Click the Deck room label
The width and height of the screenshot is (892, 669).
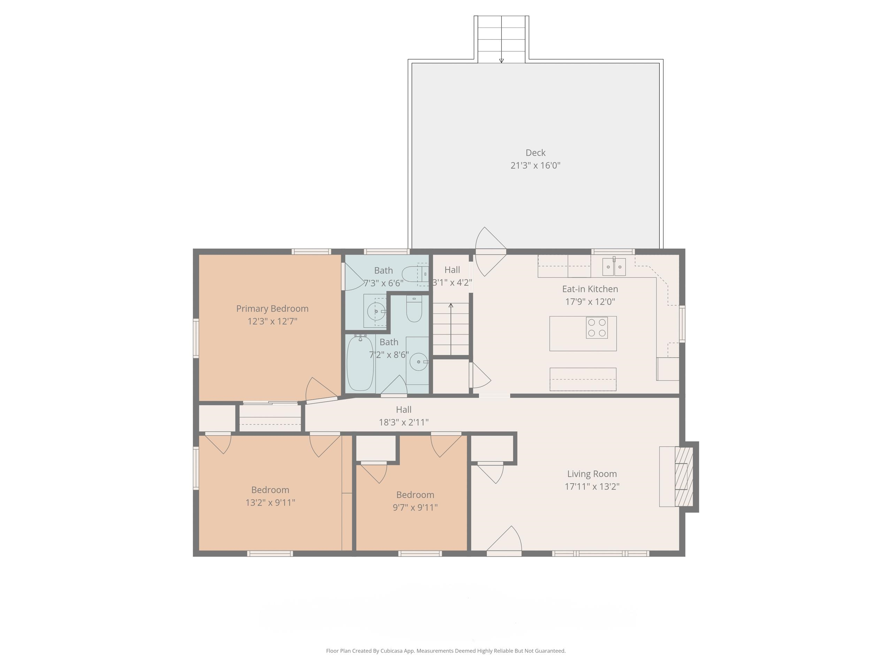coord(535,153)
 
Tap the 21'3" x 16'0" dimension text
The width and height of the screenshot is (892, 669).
coord(535,166)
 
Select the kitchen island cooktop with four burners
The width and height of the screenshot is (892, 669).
coord(597,328)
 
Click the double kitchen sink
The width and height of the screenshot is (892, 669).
coord(613,267)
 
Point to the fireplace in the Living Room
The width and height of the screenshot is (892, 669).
coord(684,476)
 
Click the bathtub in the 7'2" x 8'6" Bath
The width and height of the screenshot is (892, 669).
coord(360,364)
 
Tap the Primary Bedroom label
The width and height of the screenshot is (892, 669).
coord(272,308)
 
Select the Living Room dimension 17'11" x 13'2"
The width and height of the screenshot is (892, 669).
coord(592,486)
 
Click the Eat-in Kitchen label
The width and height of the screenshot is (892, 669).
coord(590,289)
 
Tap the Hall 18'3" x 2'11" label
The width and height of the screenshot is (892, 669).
coord(403,416)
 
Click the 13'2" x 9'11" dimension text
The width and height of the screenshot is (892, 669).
coord(270,502)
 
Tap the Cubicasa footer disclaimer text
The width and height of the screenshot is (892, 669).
coord(446,651)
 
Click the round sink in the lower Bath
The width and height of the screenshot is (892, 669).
coord(418,362)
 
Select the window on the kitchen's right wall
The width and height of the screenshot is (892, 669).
coord(682,324)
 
